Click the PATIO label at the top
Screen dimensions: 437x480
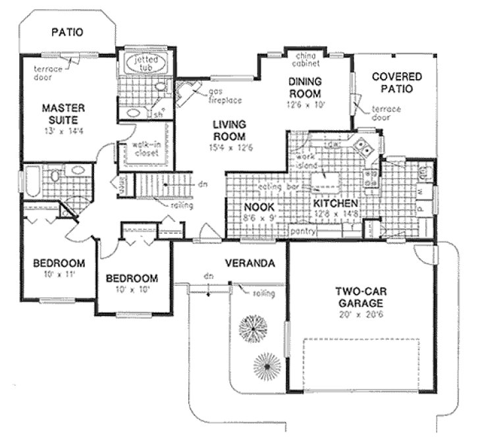click(68, 32)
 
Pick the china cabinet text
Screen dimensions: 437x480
click(306, 61)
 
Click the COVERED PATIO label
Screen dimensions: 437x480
click(396, 82)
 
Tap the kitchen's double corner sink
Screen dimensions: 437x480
click(361, 144)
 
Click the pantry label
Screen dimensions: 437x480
click(306, 232)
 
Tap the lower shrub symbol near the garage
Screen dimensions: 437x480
click(267, 363)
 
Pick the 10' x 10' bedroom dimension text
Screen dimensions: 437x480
click(132, 289)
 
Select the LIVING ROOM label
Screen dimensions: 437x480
click(229, 130)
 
